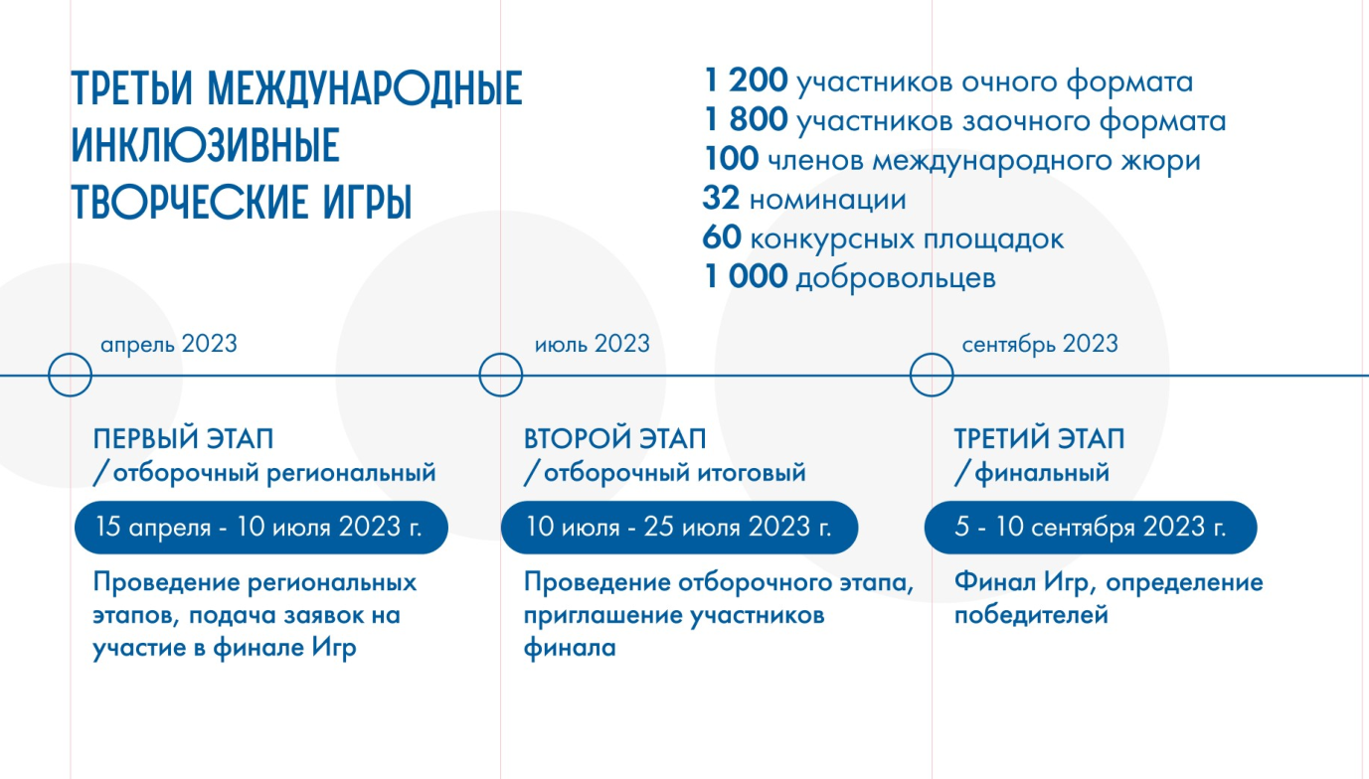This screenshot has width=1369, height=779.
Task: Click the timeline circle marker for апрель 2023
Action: (x=71, y=376)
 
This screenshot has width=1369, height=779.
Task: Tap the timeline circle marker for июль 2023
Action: (x=500, y=376)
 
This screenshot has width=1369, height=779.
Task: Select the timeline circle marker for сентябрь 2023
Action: (x=932, y=376)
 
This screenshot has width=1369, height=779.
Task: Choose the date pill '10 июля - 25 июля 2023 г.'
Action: (x=679, y=527)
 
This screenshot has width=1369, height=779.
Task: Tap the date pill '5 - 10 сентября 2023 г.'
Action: (x=1091, y=527)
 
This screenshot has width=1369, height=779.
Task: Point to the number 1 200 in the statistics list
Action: (x=746, y=81)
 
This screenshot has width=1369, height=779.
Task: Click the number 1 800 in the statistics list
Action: (x=746, y=121)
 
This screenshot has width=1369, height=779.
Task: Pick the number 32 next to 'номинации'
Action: (x=721, y=200)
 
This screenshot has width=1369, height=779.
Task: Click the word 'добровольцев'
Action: (x=896, y=279)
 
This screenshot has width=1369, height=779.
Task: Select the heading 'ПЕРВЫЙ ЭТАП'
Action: (x=183, y=439)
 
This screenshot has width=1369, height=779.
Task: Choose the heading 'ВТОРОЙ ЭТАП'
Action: (x=614, y=439)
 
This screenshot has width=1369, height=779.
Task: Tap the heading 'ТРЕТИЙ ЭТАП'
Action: (x=1040, y=439)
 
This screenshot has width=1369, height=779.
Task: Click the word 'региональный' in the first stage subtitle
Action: (x=352, y=473)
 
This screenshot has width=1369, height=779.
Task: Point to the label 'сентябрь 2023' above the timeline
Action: (x=1040, y=344)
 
